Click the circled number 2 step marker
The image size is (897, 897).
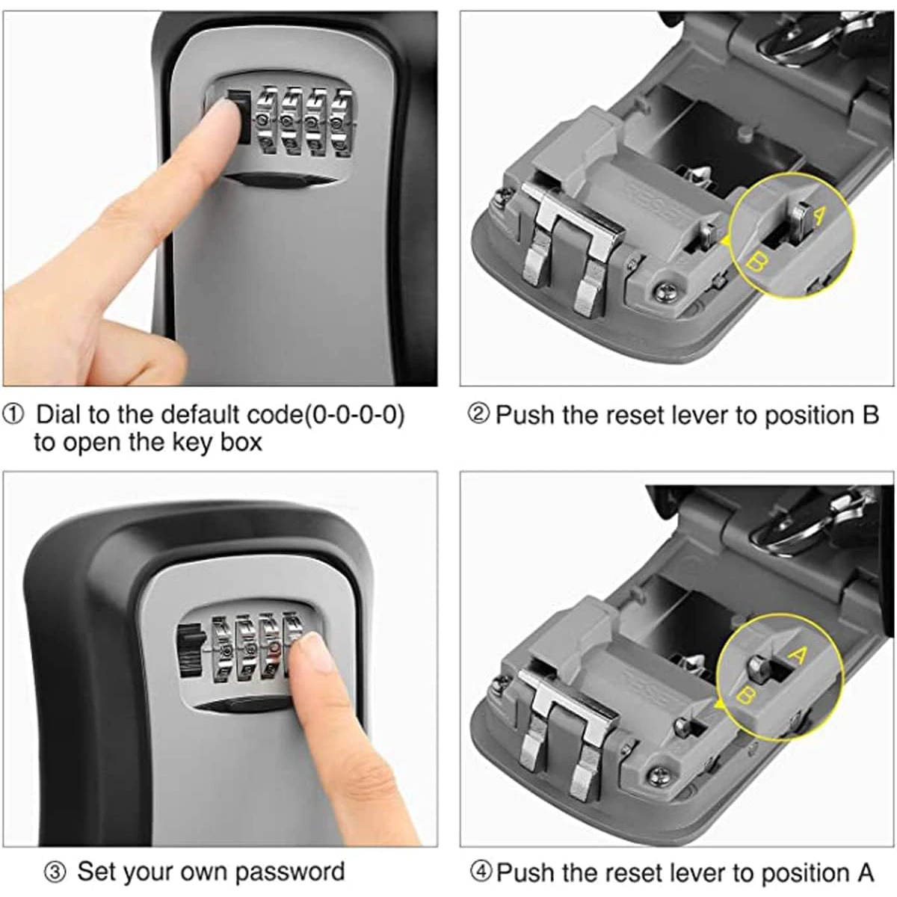pos(478,414)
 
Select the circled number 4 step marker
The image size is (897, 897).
pos(482,872)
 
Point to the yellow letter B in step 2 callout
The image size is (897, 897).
pos(756,262)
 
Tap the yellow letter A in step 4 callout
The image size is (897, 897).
pos(798,656)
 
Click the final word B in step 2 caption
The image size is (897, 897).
pos(870,415)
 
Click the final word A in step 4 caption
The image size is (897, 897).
pos(865,872)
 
